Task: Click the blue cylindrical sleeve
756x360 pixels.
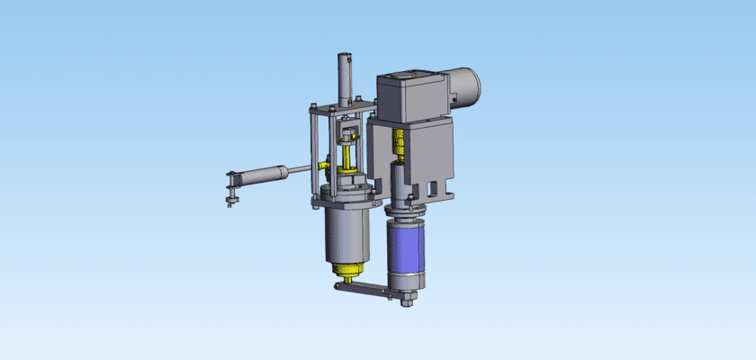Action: pos(406,247)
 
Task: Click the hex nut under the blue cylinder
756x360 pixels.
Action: pos(406,297)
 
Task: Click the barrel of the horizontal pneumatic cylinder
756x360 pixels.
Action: pos(261,175)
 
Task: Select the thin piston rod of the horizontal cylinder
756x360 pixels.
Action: pos(301,167)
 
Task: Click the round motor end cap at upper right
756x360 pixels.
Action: pos(468,85)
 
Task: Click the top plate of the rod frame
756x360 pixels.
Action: pos(342,111)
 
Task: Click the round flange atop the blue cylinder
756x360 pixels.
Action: pos(406,212)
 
